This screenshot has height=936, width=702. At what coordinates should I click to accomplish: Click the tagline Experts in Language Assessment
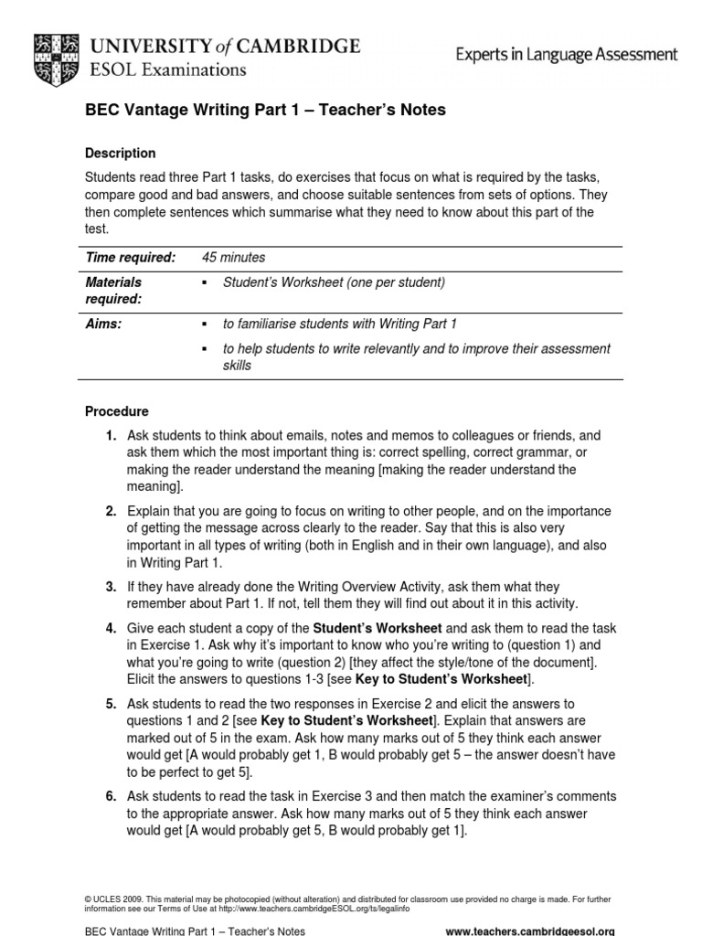(567, 55)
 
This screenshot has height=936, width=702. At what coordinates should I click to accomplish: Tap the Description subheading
(120, 154)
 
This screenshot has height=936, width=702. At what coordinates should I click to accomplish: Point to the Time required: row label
(130, 259)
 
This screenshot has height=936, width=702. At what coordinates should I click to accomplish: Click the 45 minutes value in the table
(233, 259)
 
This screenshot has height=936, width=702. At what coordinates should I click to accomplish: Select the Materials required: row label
(113, 291)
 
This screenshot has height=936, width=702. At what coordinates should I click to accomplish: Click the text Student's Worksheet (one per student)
(334, 282)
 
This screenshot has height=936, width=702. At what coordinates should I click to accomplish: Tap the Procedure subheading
(116, 412)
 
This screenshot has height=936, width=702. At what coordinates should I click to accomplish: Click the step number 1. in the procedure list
(111, 437)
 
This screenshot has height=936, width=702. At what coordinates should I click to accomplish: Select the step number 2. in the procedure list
(111, 512)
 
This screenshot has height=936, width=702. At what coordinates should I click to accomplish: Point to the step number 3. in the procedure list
(111, 587)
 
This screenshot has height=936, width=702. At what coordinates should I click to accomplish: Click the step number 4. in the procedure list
(111, 630)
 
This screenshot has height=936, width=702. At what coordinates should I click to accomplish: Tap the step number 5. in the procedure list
(111, 705)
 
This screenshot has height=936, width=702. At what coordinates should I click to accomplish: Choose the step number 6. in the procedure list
(111, 797)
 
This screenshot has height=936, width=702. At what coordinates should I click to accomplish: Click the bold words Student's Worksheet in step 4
(378, 630)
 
